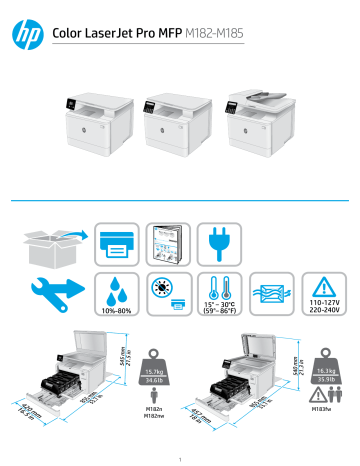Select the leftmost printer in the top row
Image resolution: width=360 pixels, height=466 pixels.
click(95, 121)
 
